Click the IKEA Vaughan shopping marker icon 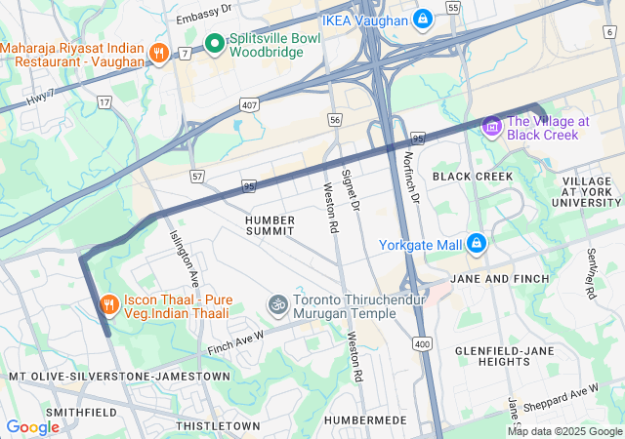(x=422, y=19)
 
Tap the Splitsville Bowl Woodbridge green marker (x=215, y=43)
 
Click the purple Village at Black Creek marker (x=491, y=126)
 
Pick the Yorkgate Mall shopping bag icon (x=476, y=243)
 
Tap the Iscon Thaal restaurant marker (x=108, y=305)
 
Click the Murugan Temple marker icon (x=278, y=305)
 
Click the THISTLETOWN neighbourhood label (x=218, y=426)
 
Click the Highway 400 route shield (x=422, y=343)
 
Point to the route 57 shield (x=197, y=176)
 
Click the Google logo (x=32, y=427)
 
